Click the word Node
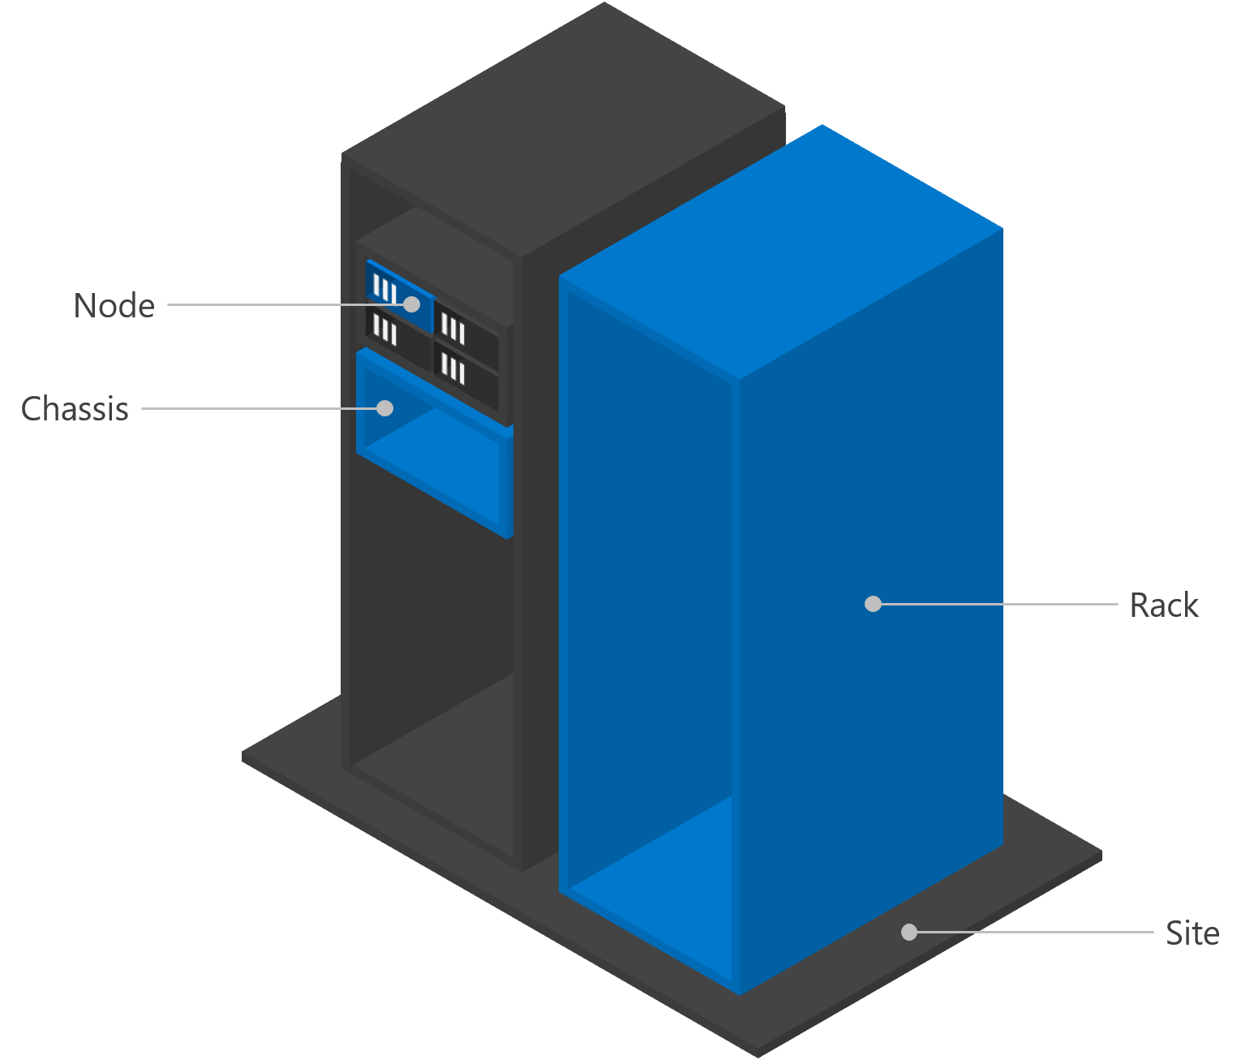click(x=114, y=306)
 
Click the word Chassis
click(x=75, y=409)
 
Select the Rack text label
click(x=1163, y=605)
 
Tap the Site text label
click(x=1192, y=933)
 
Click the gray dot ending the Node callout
click(x=412, y=304)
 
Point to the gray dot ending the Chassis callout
click(x=385, y=407)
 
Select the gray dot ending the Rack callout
click(x=873, y=604)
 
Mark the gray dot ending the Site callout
click(x=909, y=933)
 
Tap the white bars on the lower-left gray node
click(x=384, y=330)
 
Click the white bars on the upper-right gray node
click(x=453, y=330)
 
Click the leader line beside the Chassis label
click(x=251, y=408)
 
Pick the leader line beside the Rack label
click(x=998, y=604)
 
